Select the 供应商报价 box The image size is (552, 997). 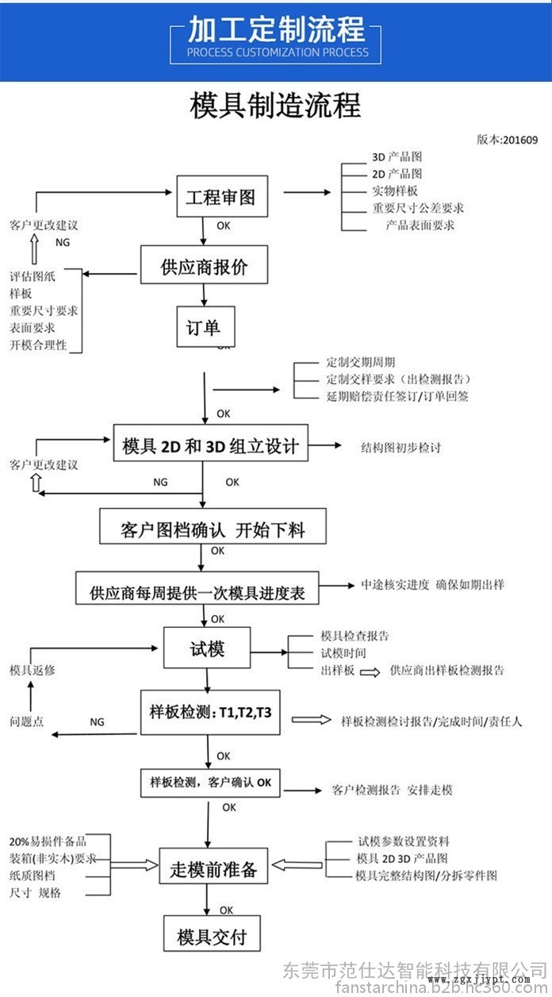pyautogui.click(x=204, y=265)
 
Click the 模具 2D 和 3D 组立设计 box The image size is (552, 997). pyautogui.click(x=210, y=445)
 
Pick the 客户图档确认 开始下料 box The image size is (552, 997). pyautogui.click(x=213, y=526)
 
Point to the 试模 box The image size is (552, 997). pyautogui.click(x=207, y=648)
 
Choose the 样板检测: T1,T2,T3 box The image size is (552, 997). pyautogui.click(x=210, y=712)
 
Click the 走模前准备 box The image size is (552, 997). pyautogui.click(x=213, y=868)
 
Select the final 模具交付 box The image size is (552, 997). pyautogui.click(x=212, y=934)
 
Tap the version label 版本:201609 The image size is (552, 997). pyautogui.click(x=507, y=140)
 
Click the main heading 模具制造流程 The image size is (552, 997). pyautogui.click(x=275, y=105)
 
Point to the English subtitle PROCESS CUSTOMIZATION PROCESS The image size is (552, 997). pyautogui.click(x=278, y=52)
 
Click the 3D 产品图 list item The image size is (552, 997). pyautogui.click(x=397, y=157)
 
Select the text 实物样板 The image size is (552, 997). pyautogui.click(x=394, y=191)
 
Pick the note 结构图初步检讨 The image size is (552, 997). pyautogui.click(x=400, y=447)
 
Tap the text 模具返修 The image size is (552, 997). pyautogui.click(x=32, y=671)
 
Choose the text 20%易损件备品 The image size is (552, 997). pyautogui.click(x=47, y=841)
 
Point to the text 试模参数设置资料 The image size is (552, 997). pyautogui.click(x=403, y=841)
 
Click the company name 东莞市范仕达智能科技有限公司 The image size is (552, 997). pyautogui.click(x=415, y=970)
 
